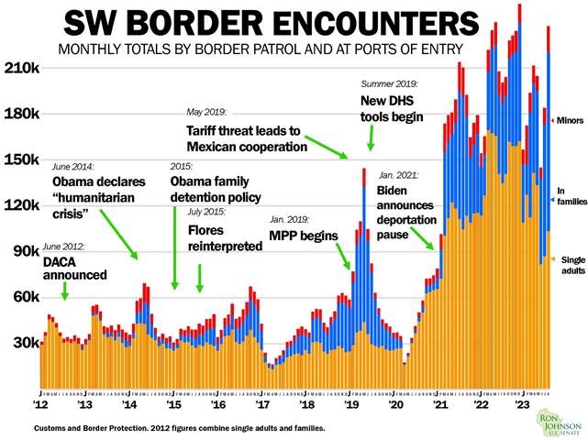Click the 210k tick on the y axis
(x=20, y=69)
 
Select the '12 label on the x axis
(x=41, y=404)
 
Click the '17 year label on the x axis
(x=262, y=404)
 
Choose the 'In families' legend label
(x=566, y=196)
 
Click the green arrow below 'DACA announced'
(x=64, y=291)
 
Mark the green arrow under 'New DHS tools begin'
(x=371, y=137)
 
